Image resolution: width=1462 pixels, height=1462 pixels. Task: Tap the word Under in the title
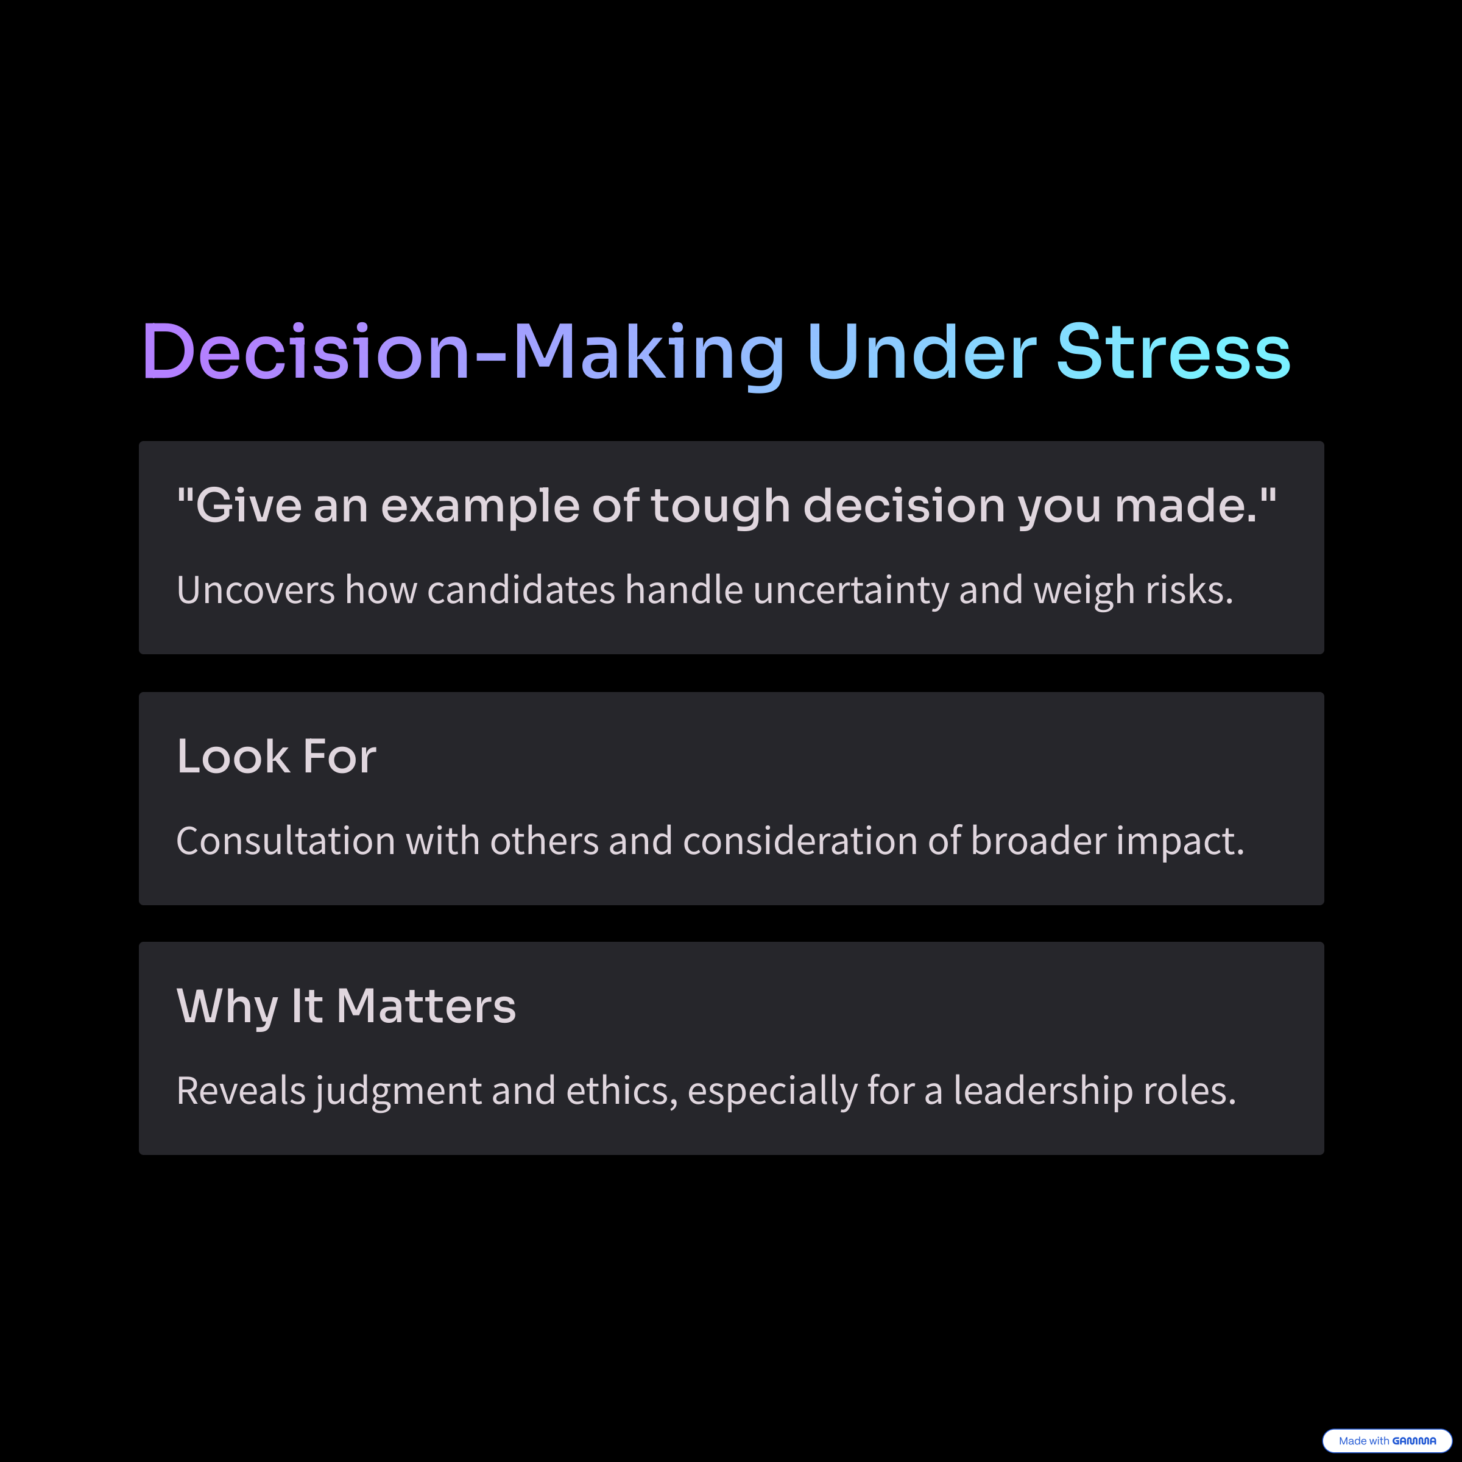pos(922,352)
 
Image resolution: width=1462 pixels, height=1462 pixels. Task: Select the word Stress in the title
pos(1173,352)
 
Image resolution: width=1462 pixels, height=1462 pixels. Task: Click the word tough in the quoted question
pos(719,506)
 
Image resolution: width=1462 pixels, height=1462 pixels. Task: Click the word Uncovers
pos(255,590)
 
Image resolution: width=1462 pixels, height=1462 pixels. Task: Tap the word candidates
pos(521,590)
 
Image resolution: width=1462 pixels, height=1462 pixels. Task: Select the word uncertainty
pos(850,591)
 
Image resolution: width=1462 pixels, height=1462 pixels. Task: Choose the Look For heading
pos(276,756)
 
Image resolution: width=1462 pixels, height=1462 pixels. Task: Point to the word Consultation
pos(285,841)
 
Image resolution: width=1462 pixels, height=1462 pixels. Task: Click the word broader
pos(1038,841)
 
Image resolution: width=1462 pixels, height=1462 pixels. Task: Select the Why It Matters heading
pos(346,1007)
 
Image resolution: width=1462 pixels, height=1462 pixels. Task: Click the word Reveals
pos(241,1090)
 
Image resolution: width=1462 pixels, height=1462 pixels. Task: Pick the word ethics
pos(621,1091)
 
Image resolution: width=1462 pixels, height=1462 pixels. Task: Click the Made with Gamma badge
pos(1387,1441)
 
